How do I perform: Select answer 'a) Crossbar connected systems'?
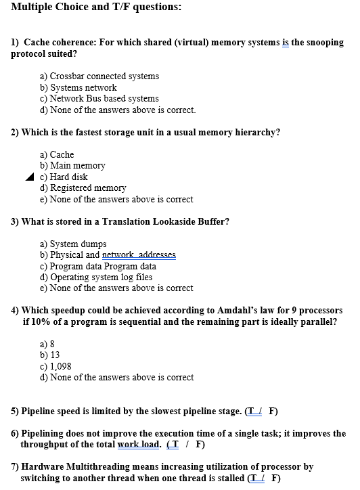point(99,76)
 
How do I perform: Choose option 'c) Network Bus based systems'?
point(99,98)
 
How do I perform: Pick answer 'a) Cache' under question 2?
point(57,154)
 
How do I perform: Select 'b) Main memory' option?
point(72,165)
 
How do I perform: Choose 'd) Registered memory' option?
point(83,187)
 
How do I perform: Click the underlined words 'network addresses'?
point(139,254)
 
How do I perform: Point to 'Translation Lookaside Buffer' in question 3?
point(164,221)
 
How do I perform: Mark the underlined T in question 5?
point(251,411)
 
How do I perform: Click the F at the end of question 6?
point(200,445)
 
